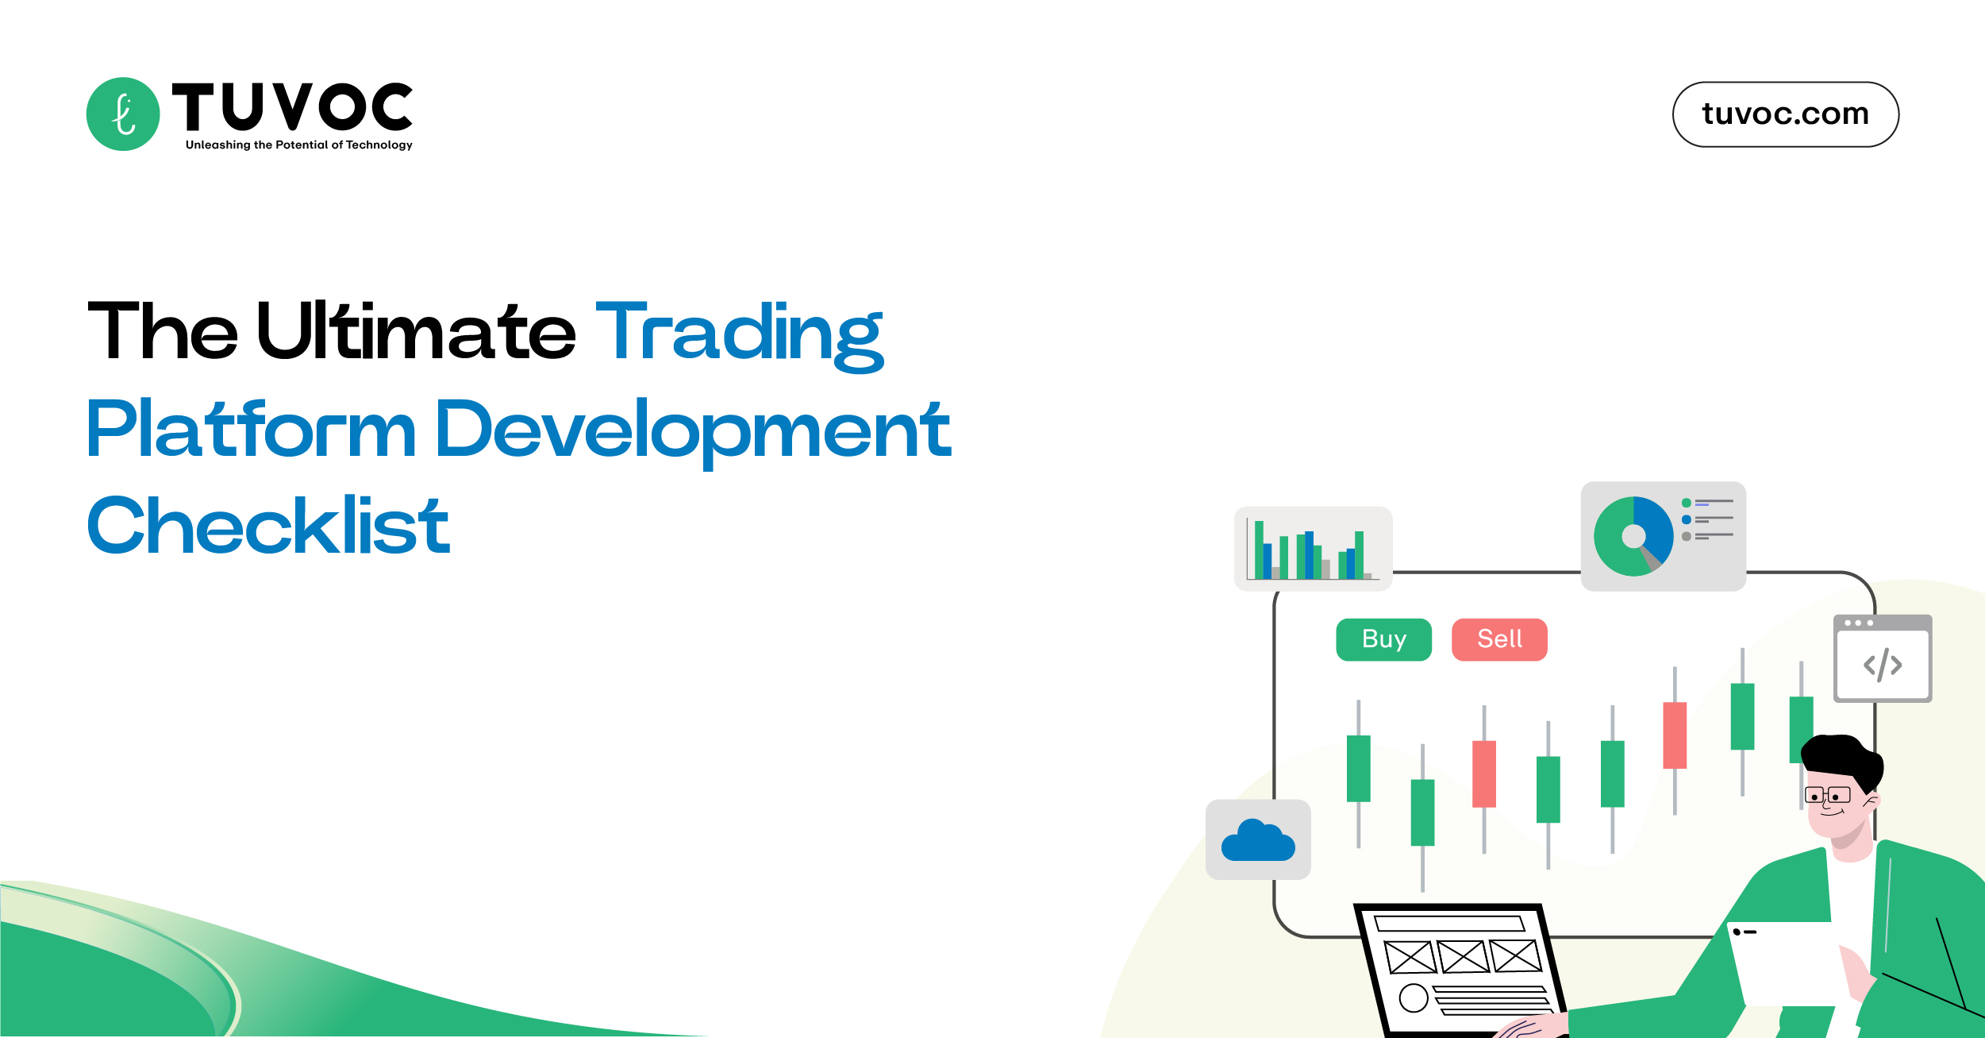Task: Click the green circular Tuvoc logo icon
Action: [x=123, y=114]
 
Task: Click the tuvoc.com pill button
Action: [x=1785, y=114]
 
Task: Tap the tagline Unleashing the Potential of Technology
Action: [x=298, y=145]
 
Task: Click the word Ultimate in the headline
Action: [x=416, y=332]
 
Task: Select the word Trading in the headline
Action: [x=739, y=334]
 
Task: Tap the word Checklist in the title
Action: [x=268, y=525]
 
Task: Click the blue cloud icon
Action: [x=1258, y=841]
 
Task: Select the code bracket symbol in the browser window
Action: [x=1883, y=666]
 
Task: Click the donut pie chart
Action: [x=1633, y=536]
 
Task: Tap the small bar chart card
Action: [x=1313, y=549]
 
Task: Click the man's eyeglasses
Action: [x=1827, y=795]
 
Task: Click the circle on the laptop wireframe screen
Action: [x=1413, y=997]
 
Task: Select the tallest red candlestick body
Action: [x=1483, y=774]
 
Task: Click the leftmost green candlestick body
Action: [x=1358, y=768]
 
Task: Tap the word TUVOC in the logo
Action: [x=292, y=107]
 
